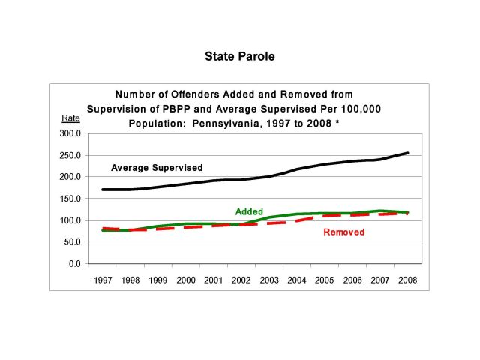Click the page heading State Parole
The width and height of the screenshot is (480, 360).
pos(240,56)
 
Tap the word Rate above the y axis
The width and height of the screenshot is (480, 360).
pos(70,119)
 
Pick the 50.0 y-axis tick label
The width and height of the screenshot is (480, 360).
pos(72,242)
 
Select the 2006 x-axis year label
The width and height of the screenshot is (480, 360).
pos(352,280)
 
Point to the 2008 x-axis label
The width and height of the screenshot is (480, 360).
pos(407,280)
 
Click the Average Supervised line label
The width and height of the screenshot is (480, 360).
pos(157,167)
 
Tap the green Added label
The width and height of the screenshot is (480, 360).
pos(249,212)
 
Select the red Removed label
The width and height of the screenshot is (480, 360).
pos(343,232)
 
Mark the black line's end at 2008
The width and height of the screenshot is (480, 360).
pos(408,153)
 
